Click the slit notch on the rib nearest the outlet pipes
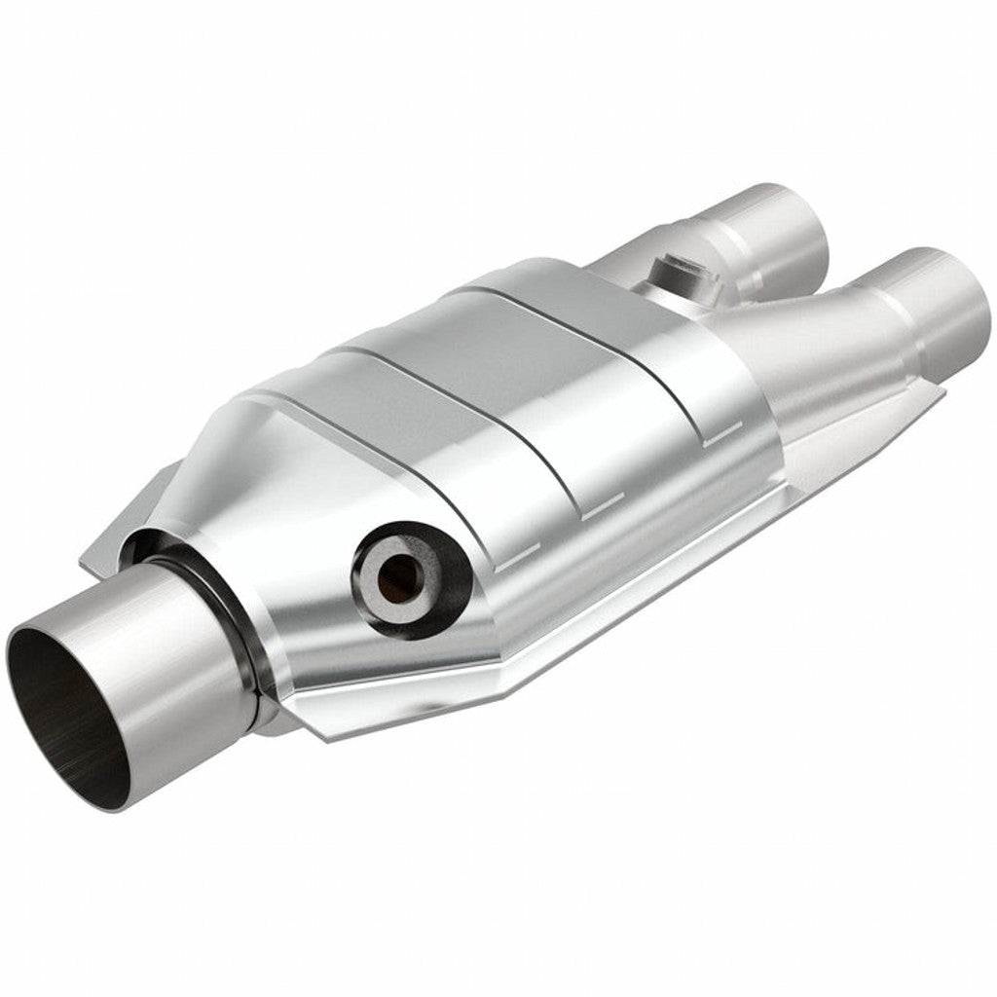pyautogui.click(x=716, y=440)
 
